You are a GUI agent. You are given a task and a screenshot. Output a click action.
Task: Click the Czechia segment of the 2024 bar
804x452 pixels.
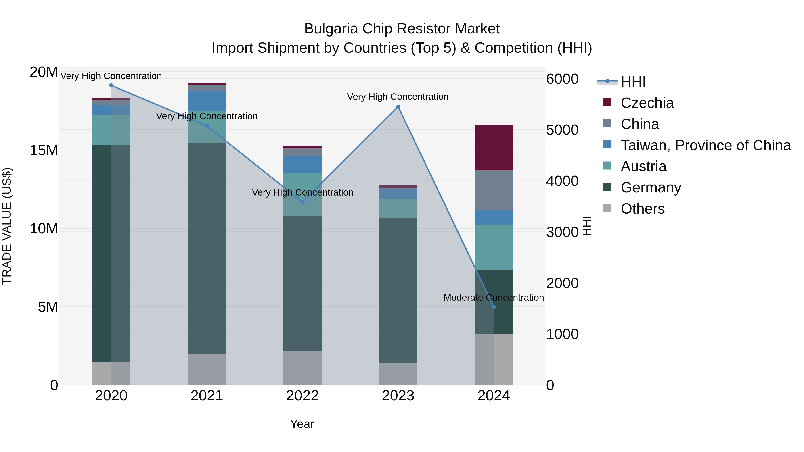[493, 147]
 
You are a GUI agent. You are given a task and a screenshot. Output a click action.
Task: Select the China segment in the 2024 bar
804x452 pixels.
[493, 190]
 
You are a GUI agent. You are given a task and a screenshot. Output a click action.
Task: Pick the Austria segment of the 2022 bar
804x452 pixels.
[302, 194]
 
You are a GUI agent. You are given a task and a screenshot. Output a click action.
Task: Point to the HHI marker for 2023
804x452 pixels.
[398, 107]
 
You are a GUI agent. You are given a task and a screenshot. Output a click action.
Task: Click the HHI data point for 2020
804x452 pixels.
[111, 85]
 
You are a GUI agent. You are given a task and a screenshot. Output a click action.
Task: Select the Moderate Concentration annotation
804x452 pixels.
[493, 298]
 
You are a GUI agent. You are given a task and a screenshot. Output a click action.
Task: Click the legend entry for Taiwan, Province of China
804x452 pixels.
[705, 145]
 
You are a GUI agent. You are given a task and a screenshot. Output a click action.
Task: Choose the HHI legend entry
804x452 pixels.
[633, 82]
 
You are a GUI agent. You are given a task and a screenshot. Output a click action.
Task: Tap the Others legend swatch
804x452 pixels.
[607, 208]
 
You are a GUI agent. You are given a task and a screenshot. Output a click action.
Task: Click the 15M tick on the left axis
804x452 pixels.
[44, 150]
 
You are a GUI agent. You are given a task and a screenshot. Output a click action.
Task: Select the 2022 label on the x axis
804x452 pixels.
[302, 396]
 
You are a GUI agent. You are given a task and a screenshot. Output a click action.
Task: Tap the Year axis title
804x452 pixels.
[302, 424]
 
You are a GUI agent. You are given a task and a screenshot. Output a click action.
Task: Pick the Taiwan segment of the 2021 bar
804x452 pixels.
[207, 101]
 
